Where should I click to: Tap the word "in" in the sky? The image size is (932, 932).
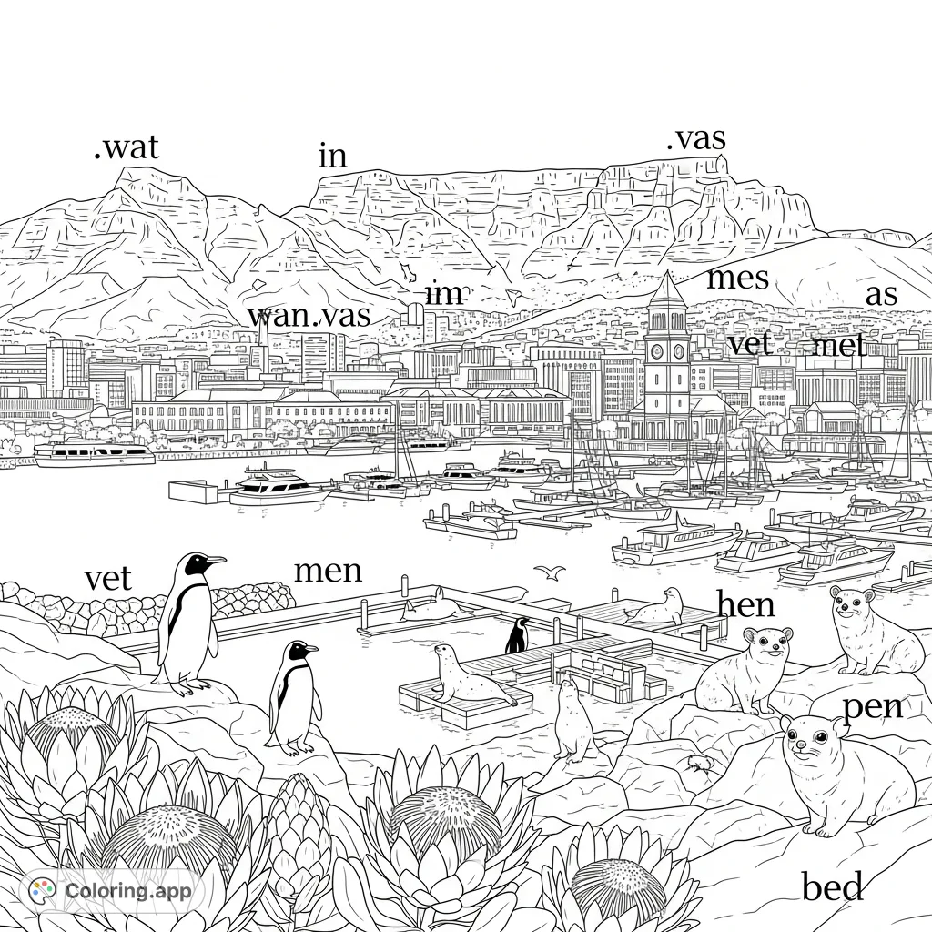click(x=333, y=157)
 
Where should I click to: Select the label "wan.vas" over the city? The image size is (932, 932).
click(x=309, y=316)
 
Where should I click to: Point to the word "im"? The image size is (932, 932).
click(x=444, y=295)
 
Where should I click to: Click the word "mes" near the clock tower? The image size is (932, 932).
click(x=737, y=278)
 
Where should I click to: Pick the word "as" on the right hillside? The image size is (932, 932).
click(x=881, y=295)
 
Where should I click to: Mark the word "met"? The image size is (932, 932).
click(x=839, y=347)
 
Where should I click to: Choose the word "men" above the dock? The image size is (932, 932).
click(x=328, y=571)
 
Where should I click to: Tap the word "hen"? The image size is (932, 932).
click(x=745, y=603)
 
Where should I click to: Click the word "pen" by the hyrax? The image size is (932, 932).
click(x=873, y=706)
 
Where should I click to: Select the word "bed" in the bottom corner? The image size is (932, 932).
click(x=833, y=886)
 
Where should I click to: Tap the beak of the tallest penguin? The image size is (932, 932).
click(x=216, y=560)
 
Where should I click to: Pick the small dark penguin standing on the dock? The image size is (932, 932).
click(x=517, y=636)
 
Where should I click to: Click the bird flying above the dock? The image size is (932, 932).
click(x=549, y=572)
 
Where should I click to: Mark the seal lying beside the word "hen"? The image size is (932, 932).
click(x=661, y=607)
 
